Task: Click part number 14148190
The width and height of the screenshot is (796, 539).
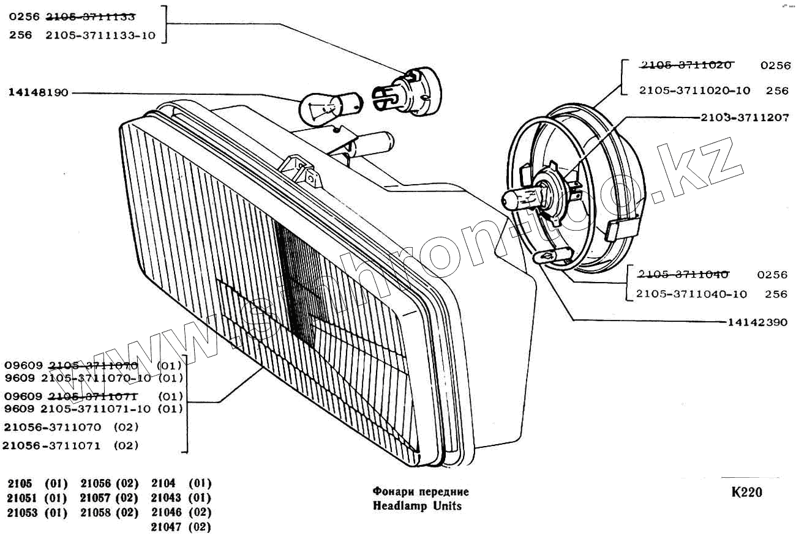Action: point(39,93)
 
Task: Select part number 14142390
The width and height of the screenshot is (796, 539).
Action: point(757,322)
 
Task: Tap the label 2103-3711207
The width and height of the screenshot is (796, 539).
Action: point(744,118)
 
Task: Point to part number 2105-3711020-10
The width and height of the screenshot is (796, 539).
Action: point(694,91)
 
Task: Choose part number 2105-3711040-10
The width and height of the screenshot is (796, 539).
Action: point(691,294)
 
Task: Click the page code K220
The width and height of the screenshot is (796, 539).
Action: point(746,493)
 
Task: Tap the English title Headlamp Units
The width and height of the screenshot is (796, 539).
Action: point(417,506)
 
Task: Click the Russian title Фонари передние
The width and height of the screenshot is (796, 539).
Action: point(421,491)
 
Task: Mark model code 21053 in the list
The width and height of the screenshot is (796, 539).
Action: point(23,513)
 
